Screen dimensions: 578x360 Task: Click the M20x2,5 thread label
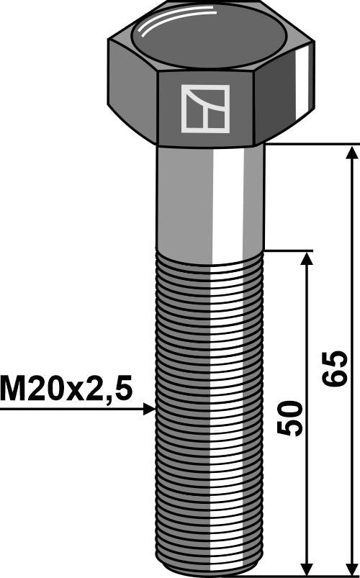click(66, 389)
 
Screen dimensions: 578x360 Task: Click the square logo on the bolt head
click(205, 109)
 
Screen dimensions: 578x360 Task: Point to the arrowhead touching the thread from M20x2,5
click(149, 409)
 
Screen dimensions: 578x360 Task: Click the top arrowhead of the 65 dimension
click(351, 151)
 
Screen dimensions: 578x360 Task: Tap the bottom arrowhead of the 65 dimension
click(351, 569)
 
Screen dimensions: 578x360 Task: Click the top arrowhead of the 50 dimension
click(307, 258)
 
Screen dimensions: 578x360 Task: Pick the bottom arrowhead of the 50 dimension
click(307, 569)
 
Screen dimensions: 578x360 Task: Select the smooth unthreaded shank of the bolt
click(187, 198)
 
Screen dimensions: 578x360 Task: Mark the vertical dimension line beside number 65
click(351, 288)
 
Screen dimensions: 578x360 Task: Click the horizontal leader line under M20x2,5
click(72, 409)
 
